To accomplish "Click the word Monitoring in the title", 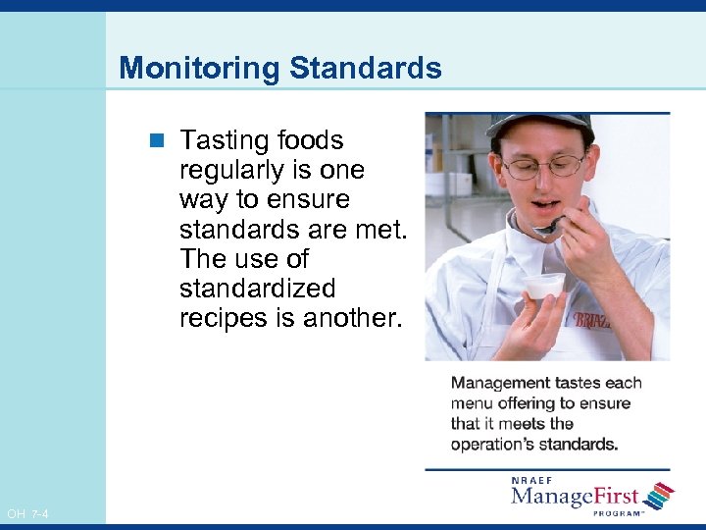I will click(x=200, y=69).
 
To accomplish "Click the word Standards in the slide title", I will click(x=365, y=69).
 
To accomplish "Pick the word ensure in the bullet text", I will click(x=310, y=200).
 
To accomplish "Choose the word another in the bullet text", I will click(x=349, y=318).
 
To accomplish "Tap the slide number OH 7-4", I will click(x=27, y=514).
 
